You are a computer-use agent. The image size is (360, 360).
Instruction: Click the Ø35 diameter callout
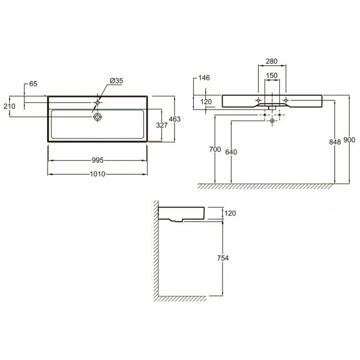pos(116,81)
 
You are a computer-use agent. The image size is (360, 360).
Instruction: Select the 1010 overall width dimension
pos(97,174)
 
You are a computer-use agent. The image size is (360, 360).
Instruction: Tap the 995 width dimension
pos(97,160)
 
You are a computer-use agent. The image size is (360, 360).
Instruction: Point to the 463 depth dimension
pos(174,119)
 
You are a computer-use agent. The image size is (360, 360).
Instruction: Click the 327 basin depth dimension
pos(162,125)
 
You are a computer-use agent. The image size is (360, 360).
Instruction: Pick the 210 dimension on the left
pos(9,106)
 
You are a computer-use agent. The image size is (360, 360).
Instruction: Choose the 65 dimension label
pos(33,84)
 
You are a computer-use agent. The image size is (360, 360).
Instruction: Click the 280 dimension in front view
pos(271,61)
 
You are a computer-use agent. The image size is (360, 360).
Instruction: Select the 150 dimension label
pos(271,75)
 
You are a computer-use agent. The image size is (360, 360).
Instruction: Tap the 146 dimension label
pos(204,78)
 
